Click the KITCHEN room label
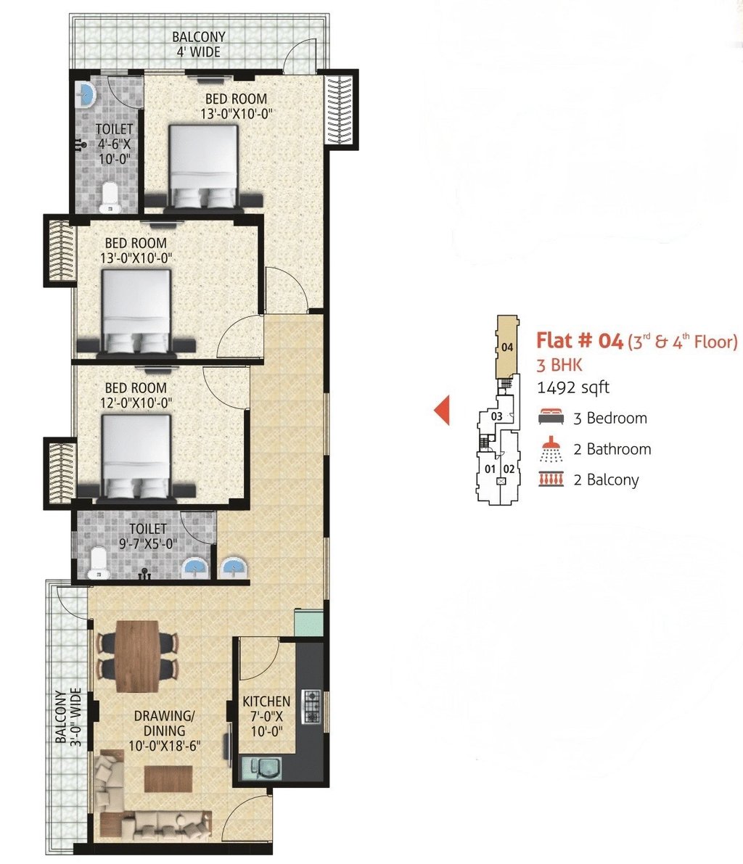click(266, 702)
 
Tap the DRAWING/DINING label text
click(164, 723)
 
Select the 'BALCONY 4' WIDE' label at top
click(198, 44)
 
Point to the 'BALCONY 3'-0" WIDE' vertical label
click(68, 717)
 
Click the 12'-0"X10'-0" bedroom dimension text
click(136, 403)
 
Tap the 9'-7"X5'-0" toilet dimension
click(148, 544)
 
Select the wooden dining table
click(137, 656)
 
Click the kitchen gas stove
click(311, 706)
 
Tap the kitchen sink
click(261, 768)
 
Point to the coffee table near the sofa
click(168, 778)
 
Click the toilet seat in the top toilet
click(110, 197)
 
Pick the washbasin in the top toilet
click(86, 95)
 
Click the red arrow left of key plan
click(442, 411)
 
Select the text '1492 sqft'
click(573, 387)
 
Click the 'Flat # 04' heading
click(580, 340)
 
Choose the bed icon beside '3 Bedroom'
click(551, 417)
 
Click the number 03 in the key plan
click(496, 416)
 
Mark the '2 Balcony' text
click(606, 480)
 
